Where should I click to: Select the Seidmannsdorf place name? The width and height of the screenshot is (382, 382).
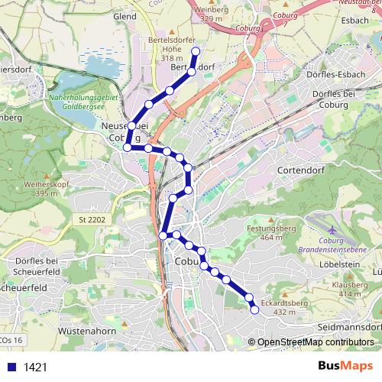[348, 327]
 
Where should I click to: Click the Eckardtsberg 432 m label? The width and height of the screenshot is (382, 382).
[283, 306]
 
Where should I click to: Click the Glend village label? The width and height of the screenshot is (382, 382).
[124, 15]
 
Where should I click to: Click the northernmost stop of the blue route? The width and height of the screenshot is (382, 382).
[195, 51]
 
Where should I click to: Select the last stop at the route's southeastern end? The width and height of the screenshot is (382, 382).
[254, 309]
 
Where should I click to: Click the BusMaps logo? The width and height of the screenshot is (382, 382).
[345, 366]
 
